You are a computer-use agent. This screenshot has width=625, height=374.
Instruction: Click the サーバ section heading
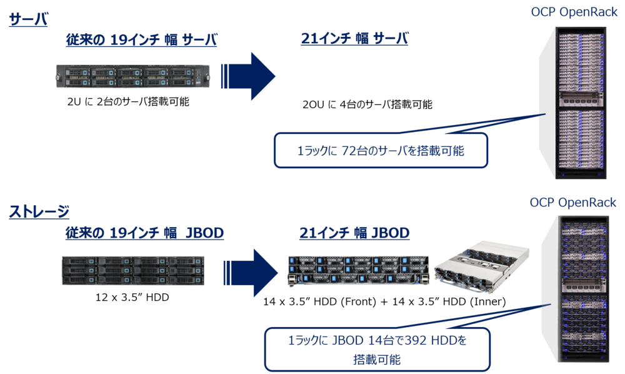[28, 19]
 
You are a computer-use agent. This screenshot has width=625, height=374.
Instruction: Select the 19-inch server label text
[142, 40]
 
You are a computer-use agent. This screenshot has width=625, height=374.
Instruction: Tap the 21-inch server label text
[354, 39]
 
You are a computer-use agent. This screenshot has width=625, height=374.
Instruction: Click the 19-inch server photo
[132, 76]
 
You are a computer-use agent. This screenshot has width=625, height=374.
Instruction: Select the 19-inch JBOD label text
[144, 233]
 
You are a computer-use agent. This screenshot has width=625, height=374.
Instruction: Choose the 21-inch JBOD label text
[354, 233]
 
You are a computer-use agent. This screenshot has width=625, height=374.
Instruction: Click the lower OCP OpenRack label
[573, 202]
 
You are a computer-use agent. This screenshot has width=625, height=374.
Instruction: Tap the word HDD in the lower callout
[417, 341]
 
